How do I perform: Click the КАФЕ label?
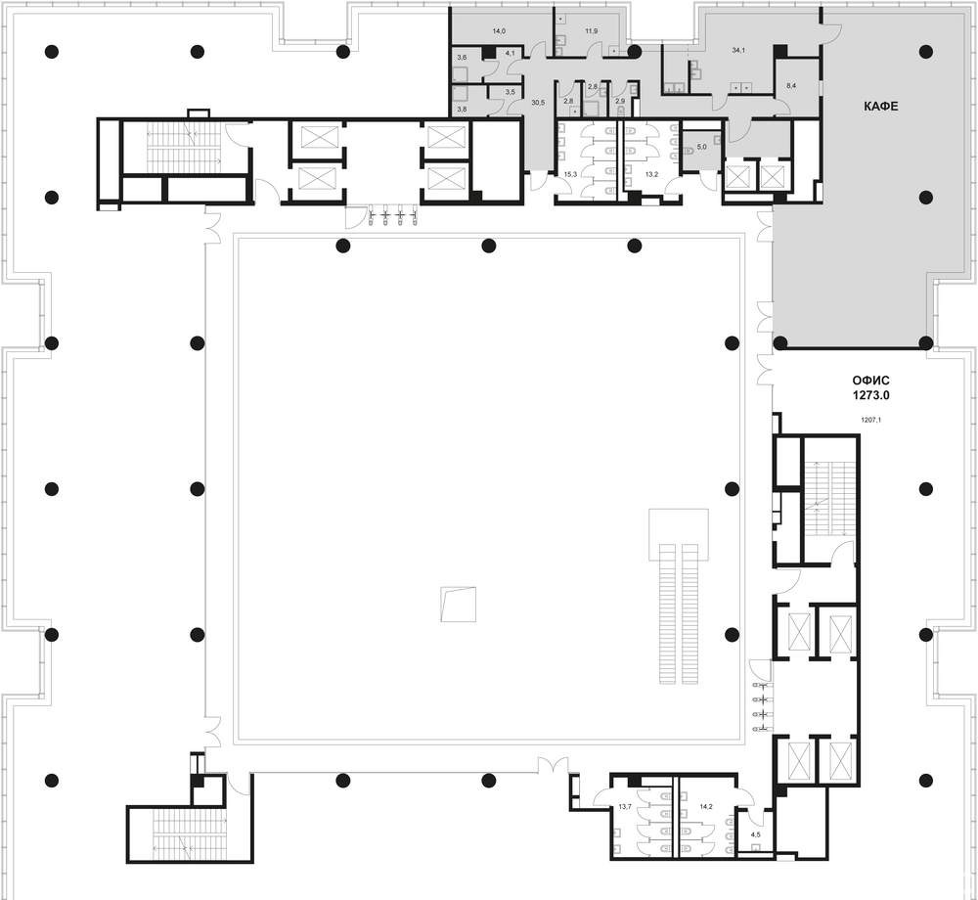[881, 106]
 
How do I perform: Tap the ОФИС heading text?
[870, 381]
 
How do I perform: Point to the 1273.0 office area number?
[870, 395]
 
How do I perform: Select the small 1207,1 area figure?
[870, 420]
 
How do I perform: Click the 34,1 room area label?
[738, 51]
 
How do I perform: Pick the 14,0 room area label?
[499, 30]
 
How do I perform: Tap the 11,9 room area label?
[592, 30]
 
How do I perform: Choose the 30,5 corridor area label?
[538, 103]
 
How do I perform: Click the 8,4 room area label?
[791, 85]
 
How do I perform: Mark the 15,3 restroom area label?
[570, 175]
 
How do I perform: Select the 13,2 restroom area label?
[651, 175]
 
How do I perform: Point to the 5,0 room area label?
[701, 147]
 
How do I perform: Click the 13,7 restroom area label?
[625, 806]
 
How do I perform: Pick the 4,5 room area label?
[755, 833]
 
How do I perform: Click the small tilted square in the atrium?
[458, 605]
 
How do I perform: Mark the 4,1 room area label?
[511, 53]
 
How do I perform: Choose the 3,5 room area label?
[511, 92]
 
